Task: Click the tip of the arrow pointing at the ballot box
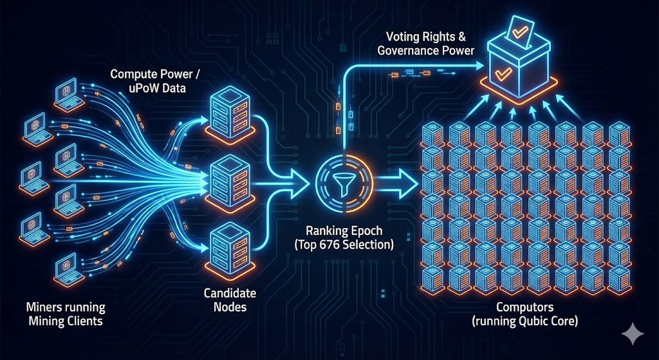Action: click(x=484, y=66)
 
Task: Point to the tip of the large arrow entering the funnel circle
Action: click(x=311, y=184)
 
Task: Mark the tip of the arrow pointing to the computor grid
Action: click(x=418, y=184)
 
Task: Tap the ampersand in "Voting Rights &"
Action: click(x=461, y=37)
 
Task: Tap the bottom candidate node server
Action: click(x=230, y=249)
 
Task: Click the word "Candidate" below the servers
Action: click(x=230, y=293)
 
